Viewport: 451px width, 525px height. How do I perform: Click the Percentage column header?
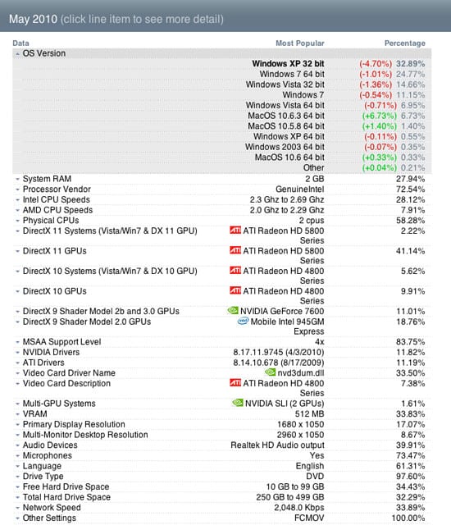405,43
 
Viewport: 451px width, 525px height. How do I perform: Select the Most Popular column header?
300,43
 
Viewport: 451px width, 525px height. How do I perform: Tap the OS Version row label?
44,53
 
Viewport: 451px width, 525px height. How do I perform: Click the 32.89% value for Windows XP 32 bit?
411,64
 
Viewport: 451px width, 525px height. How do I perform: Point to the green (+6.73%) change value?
380,116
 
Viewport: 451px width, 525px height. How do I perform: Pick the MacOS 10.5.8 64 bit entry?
286,126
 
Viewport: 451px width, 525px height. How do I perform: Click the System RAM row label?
47,179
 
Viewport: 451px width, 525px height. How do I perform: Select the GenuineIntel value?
300,189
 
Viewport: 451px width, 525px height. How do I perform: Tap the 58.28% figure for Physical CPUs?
411,221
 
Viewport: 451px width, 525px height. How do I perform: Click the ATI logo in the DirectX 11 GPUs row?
235,250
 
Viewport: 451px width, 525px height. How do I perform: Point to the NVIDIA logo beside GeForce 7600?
233,310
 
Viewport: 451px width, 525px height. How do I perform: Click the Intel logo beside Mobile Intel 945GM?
243,321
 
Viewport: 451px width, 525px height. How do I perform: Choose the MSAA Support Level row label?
61,342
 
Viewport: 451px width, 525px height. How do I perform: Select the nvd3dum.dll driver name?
301,373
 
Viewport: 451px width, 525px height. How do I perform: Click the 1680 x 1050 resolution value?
300,425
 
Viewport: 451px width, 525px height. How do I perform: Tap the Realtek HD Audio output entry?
277,445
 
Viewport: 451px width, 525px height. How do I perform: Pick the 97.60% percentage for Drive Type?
411,477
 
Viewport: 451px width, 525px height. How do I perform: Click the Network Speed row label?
52,508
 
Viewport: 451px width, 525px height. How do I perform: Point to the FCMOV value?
309,518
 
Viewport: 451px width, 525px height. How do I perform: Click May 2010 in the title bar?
33,19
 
